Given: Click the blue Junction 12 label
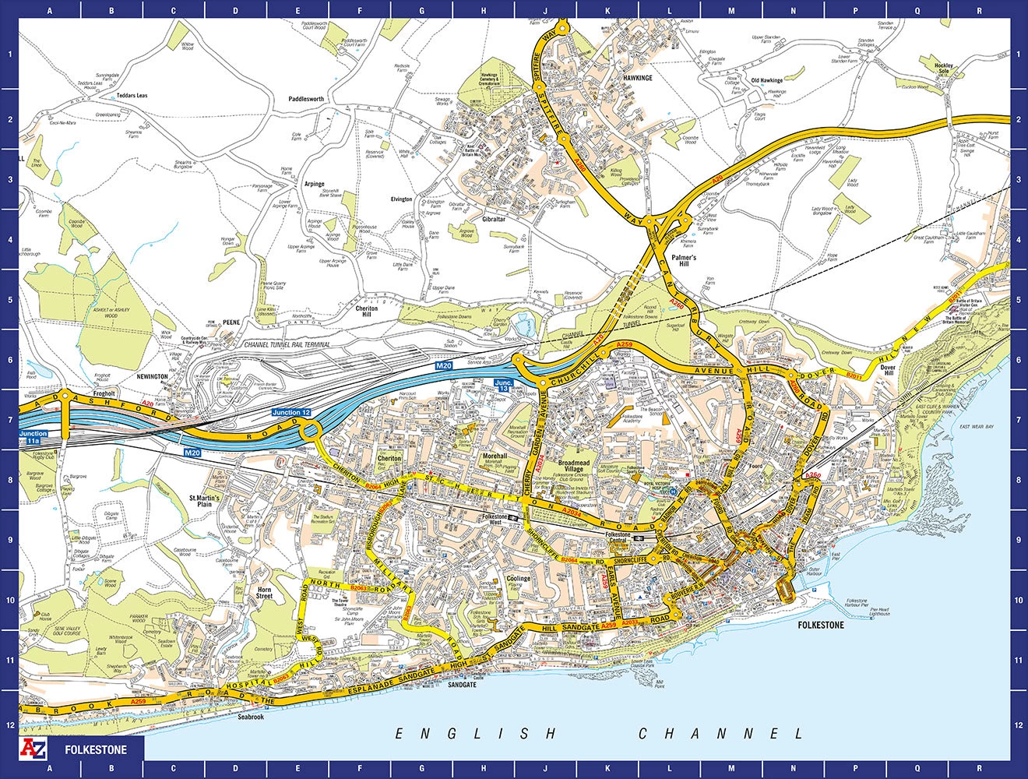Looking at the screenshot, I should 291,412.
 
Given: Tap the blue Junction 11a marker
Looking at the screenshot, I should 33,437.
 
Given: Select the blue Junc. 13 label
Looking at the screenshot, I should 505,385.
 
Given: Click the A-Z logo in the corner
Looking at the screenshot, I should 36,749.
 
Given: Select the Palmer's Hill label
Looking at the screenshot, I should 685,260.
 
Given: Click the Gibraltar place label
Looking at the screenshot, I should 494,220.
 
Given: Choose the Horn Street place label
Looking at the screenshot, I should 265,593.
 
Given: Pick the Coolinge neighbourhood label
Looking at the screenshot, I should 518,579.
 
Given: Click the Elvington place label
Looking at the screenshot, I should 401,199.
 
